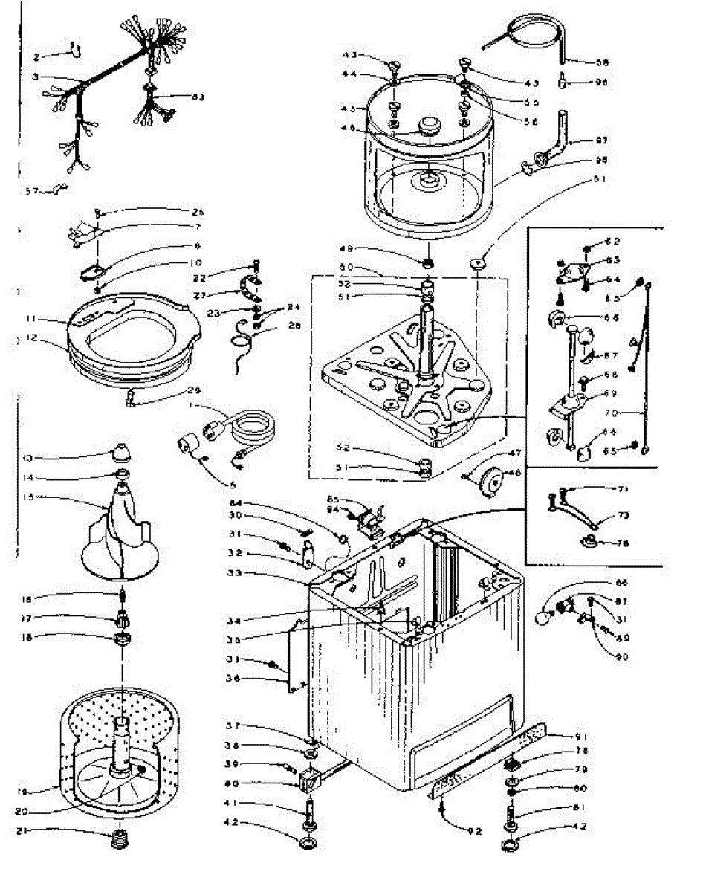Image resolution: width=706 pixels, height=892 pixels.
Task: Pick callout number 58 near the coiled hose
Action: [600, 62]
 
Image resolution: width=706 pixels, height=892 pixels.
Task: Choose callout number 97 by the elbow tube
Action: [600, 140]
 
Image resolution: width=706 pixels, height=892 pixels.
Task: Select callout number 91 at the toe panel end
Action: [600, 736]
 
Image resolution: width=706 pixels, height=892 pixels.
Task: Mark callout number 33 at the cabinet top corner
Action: [236, 574]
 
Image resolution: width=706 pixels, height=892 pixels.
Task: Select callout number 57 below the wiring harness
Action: [31, 191]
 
